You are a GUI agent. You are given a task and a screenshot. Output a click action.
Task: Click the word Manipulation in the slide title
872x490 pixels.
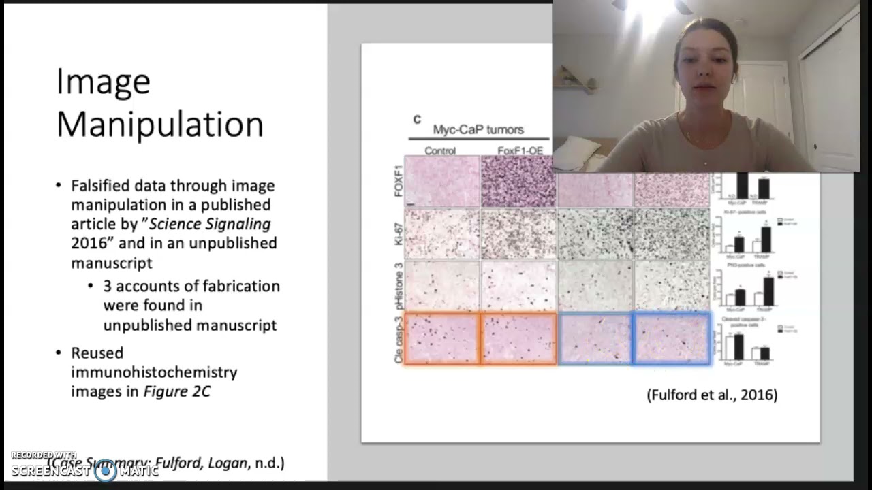(159, 125)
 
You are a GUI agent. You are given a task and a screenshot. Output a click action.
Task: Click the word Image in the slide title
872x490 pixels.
(103, 82)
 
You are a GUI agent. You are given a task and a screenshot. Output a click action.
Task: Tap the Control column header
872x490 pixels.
(440, 150)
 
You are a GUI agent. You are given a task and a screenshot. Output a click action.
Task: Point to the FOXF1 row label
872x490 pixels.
(399, 180)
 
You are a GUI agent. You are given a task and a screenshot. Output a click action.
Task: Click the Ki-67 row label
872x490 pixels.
(399, 233)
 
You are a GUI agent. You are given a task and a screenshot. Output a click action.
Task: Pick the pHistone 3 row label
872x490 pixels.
(399, 286)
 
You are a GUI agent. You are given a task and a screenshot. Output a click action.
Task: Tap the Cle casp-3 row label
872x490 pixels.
(399, 338)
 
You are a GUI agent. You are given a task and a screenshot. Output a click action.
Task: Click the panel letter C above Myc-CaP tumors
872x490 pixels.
(417, 120)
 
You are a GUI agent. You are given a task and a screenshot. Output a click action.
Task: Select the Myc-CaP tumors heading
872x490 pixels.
(478, 129)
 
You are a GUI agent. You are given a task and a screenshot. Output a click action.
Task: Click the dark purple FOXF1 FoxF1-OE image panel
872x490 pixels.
(518, 180)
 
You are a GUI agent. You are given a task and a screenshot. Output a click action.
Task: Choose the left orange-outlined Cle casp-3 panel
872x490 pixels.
(442, 338)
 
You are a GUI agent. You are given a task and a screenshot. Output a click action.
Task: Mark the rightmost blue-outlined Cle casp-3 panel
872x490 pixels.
(672, 338)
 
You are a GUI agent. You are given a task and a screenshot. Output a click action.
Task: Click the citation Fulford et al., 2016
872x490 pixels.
(712, 395)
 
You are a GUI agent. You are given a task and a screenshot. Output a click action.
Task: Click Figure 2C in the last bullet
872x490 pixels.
(176, 391)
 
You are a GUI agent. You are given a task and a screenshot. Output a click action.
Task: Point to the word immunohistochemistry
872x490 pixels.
(154, 372)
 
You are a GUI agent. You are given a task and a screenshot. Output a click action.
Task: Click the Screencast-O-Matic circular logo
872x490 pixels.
(106, 470)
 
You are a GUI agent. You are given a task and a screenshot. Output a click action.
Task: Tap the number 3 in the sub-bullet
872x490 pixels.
(108, 286)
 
